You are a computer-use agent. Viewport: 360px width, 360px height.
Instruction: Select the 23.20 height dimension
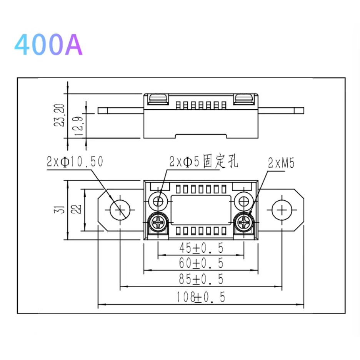click(x=59, y=115)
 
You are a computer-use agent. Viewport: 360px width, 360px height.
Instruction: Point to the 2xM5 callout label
click(x=281, y=163)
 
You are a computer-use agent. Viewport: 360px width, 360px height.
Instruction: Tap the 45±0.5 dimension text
click(x=201, y=248)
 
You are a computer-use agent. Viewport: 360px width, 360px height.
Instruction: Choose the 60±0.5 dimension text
click(x=201, y=263)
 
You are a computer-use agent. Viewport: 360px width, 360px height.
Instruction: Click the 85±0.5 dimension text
click(x=201, y=279)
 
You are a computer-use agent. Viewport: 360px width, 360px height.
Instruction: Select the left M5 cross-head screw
click(x=158, y=222)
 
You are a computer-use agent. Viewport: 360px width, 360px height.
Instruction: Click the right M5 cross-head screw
click(x=244, y=222)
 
